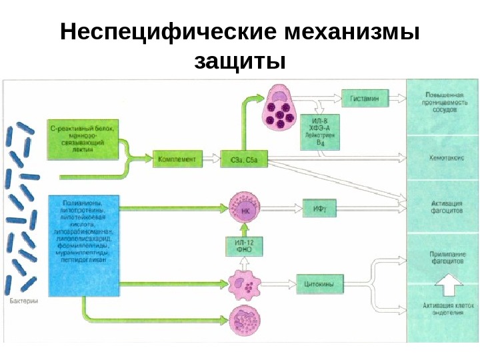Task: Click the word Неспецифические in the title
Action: [x=167, y=31]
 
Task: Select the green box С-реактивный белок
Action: [x=84, y=139]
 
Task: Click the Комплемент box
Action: [x=177, y=159]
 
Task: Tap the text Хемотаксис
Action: [x=442, y=159]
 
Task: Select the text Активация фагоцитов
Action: [x=442, y=205]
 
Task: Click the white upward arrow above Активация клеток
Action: [x=443, y=285]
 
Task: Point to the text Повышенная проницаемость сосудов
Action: [x=442, y=105]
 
